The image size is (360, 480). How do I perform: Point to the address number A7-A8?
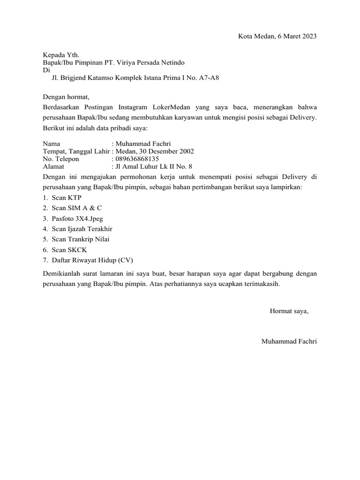(x=209, y=78)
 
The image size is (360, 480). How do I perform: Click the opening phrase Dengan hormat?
(x=66, y=97)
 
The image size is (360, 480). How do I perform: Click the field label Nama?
(x=52, y=144)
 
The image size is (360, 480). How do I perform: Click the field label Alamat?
(x=53, y=166)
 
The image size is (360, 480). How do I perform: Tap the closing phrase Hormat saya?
(x=289, y=311)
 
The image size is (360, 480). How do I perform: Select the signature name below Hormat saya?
(x=289, y=342)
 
